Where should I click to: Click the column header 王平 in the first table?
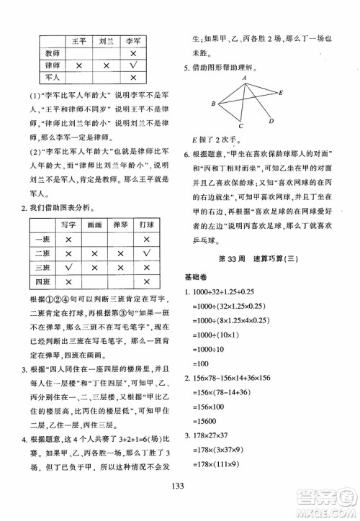(x=77, y=41)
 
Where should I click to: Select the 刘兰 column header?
(x=106, y=41)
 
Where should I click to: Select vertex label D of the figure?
(x=270, y=121)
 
